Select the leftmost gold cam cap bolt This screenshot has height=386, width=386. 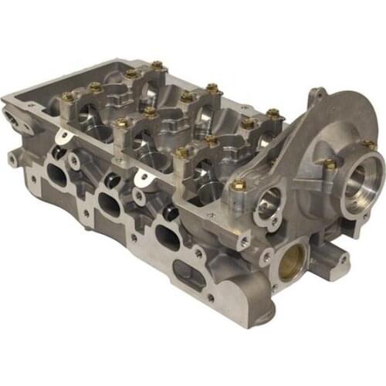click(67, 97)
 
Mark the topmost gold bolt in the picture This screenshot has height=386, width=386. click(157, 66)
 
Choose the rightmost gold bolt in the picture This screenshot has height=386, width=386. click(370, 144)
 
